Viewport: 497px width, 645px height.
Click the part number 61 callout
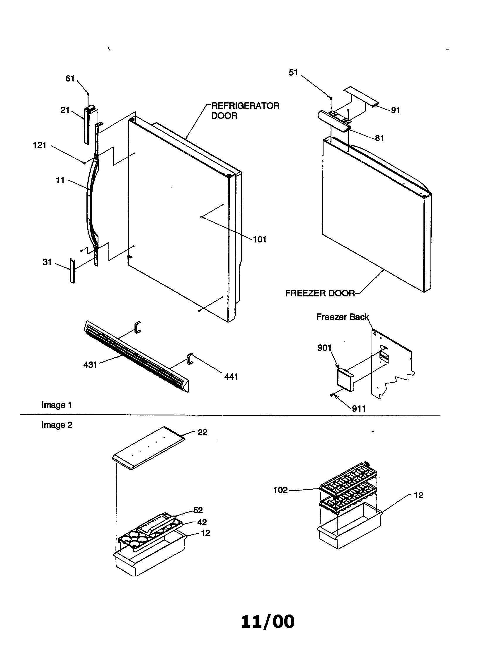pyautogui.click(x=70, y=78)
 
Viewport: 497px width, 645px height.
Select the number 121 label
pyautogui.click(x=40, y=145)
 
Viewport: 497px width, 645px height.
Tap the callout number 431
pyautogui.click(x=90, y=365)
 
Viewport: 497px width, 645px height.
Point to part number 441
pyautogui.click(x=231, y=376)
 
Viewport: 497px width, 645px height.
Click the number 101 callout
pyautogui.click(x=260, y=239)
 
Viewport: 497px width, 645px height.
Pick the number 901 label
pyautogui.click(x=324, y=348)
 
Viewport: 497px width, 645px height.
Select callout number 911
pyautogui.click(x=359, y=409)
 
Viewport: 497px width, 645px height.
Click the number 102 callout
pyautogui.click(x=280, y=490)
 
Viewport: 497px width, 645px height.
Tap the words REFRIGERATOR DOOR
pyautogui.click(x=245, y=111)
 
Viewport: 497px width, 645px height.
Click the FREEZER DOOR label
pyautogui.click(x=320, y=293)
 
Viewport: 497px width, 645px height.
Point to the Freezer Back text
pyautogui.click(x=342, y=317)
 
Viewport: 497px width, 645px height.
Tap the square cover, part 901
pyautogui.click(x=345, y=380)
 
